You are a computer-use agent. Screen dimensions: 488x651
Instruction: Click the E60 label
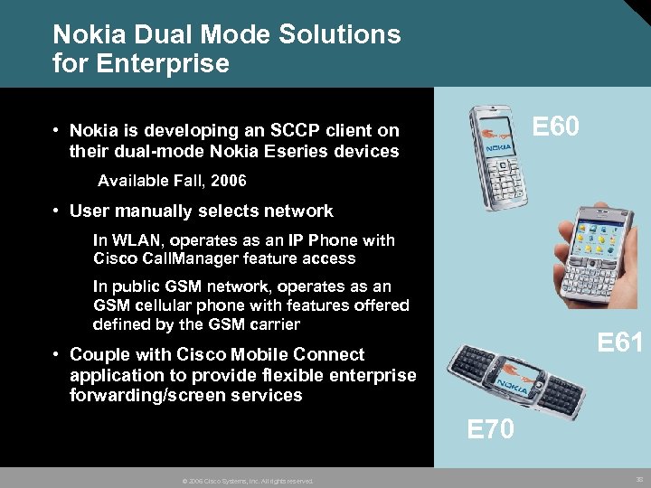coord(554,127)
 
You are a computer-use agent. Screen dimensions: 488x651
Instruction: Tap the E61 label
coord(620,343)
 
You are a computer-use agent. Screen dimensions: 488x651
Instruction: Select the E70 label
coord(491,430)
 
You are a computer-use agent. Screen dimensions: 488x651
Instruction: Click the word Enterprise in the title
coord(162,64)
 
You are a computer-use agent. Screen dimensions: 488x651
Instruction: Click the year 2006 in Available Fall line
coord(229,181)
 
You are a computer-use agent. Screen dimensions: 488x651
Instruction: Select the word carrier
coord(269,324)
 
